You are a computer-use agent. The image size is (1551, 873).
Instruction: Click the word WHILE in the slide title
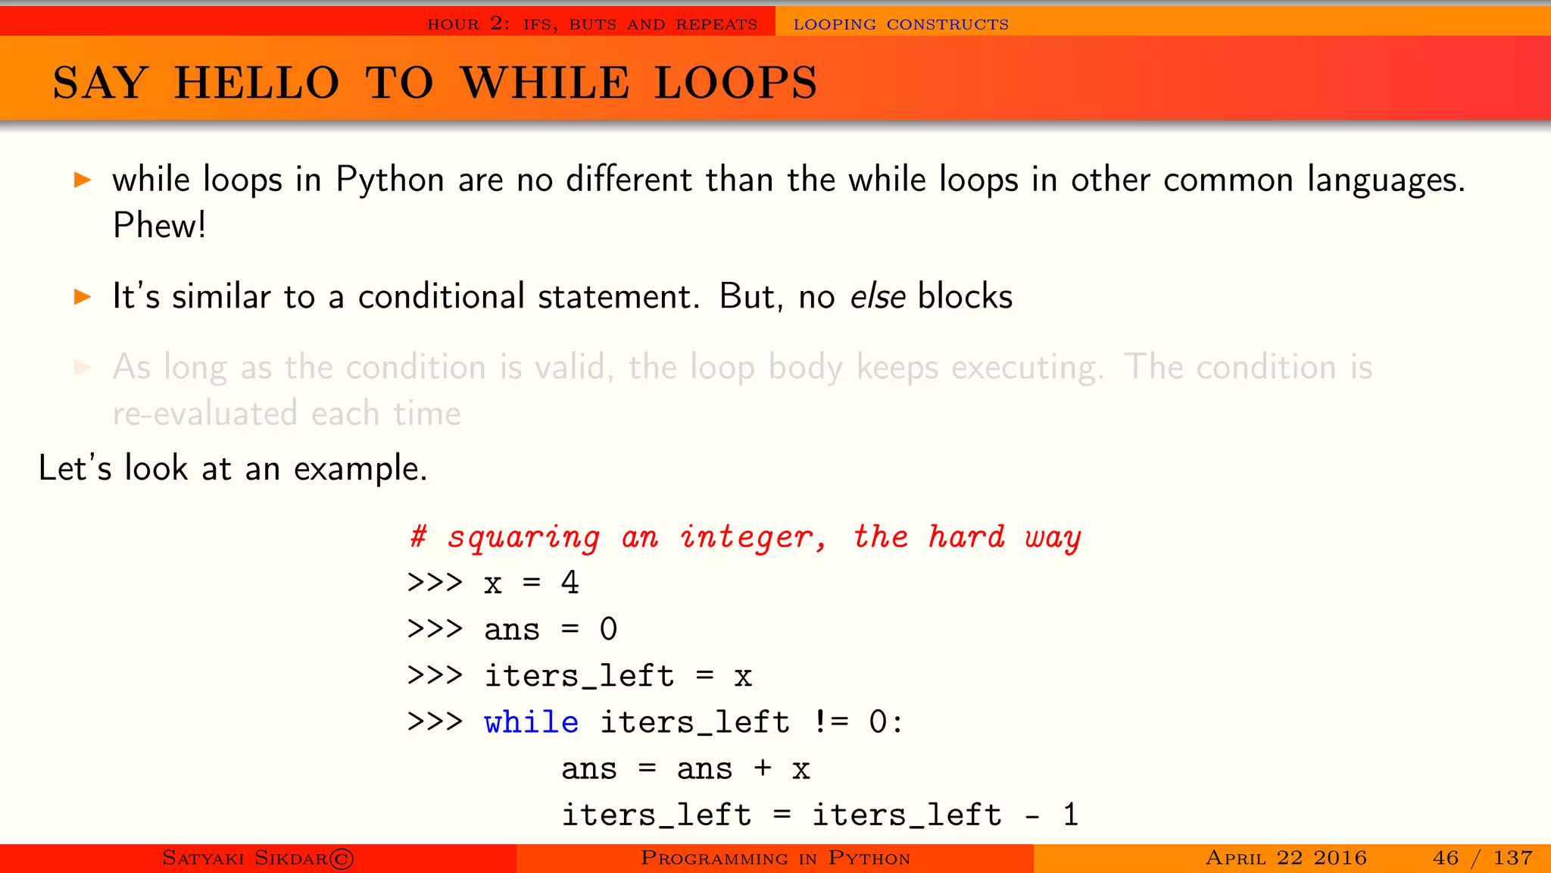[x=545, y=83]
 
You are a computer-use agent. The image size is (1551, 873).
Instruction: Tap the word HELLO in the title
[x=257, y=83]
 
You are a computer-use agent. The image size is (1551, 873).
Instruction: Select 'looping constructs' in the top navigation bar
[x=900, y=24]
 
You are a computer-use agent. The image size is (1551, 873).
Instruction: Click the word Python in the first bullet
[x=389, y=180]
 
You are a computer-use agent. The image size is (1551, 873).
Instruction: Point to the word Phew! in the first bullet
[x=159, y=225]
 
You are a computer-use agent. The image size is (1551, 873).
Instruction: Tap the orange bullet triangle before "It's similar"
[x=83, y=296]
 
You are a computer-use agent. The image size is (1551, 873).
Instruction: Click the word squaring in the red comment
[x=523, y=537]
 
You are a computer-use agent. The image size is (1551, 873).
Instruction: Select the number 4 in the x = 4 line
[x=570, y=583]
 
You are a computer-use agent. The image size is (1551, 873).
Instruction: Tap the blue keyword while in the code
[x=531, y=722]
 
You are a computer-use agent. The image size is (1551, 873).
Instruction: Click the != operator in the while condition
[x=831, y=722]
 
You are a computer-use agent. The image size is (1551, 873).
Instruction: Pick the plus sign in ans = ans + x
[x=763, y=768]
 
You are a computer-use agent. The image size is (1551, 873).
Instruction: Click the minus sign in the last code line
[x=1031, y=815]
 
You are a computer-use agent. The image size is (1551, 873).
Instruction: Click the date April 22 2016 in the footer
[x=1286, y=858]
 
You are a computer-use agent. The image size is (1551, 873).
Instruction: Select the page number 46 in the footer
[x=1445, y=858]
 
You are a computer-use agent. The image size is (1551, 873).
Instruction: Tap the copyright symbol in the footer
[x=342, y=858]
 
